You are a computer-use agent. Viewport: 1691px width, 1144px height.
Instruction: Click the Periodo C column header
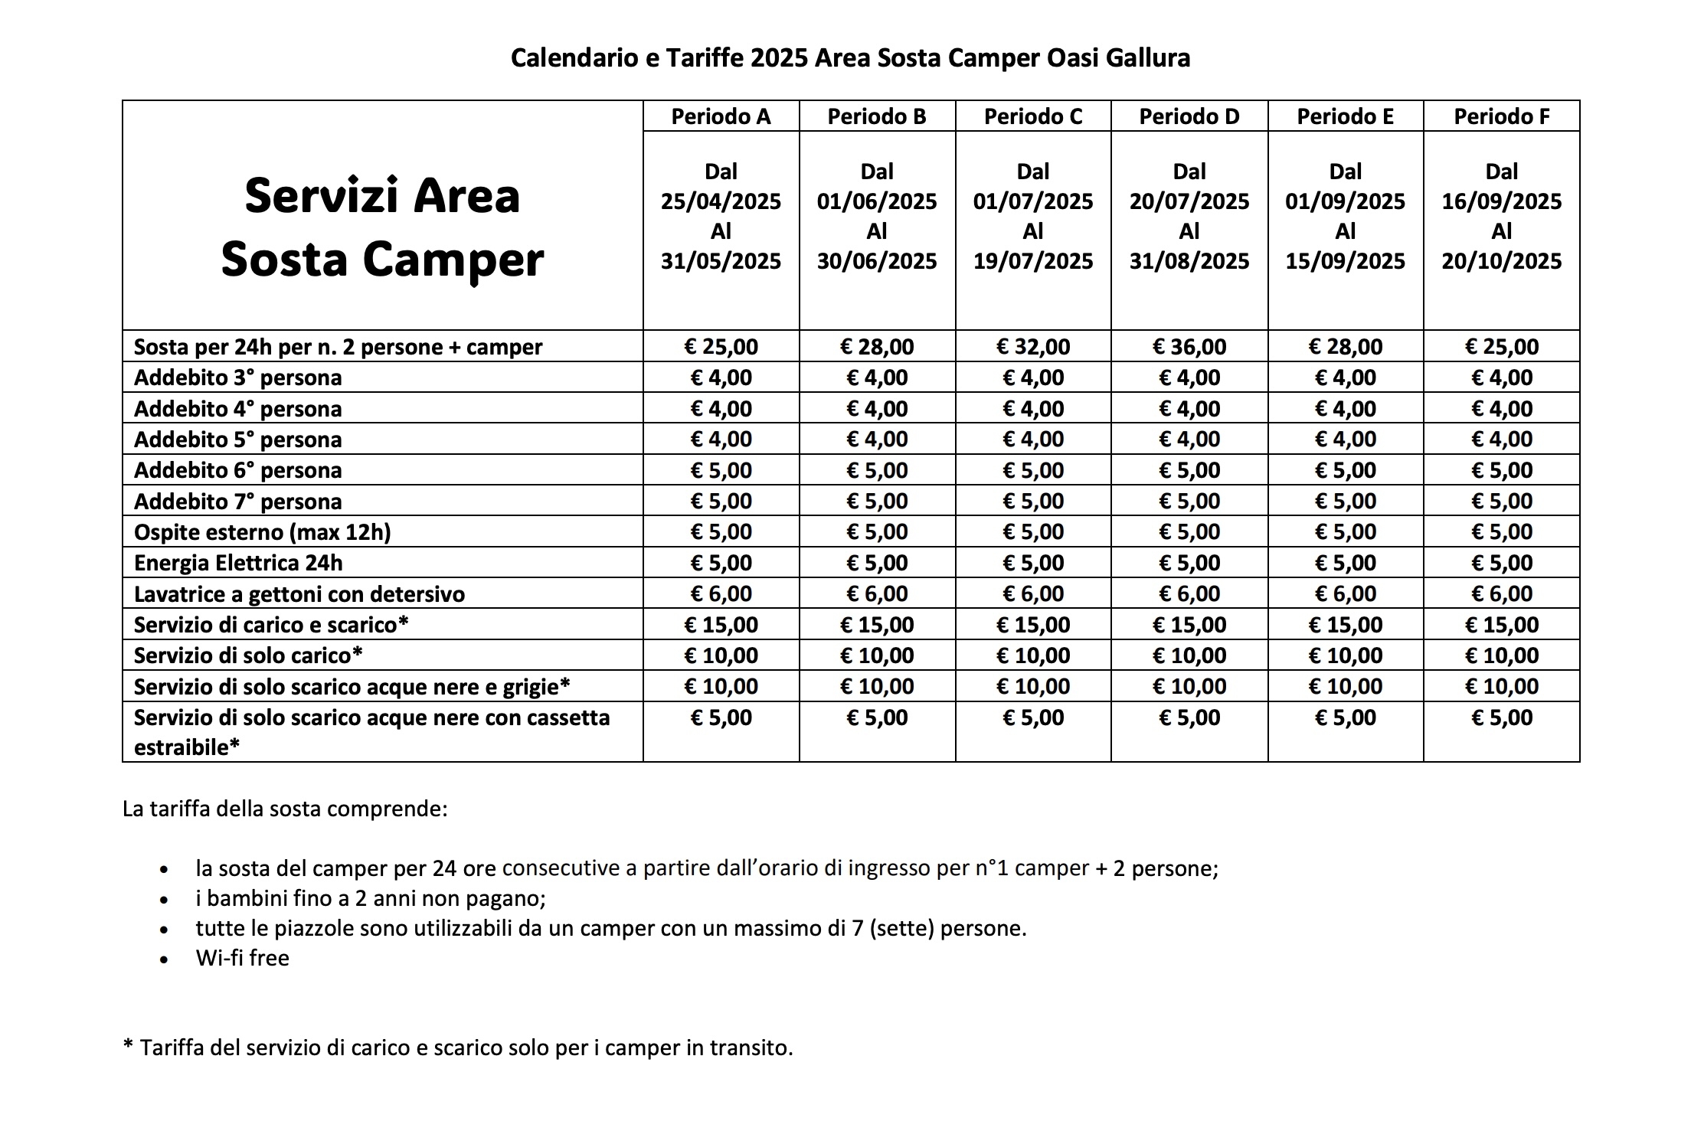1032,116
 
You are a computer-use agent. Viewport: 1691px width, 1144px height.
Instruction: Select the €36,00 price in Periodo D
1189,347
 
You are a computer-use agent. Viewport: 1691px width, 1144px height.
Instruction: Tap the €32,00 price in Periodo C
1032,347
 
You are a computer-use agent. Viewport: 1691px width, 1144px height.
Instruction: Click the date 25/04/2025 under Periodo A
721,201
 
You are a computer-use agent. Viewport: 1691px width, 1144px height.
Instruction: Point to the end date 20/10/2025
1501,261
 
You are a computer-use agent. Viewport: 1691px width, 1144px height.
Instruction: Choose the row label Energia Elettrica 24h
238,563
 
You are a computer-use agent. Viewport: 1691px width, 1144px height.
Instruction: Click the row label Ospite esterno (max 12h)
262,532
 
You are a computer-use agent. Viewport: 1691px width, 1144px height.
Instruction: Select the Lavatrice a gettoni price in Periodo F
1501,593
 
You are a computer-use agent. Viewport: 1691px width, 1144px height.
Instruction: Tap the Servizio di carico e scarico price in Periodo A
721,625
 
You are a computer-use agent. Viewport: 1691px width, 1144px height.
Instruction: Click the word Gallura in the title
1147,58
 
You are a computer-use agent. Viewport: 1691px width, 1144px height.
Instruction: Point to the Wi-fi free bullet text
242,958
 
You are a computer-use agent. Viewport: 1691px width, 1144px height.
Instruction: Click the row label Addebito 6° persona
237,470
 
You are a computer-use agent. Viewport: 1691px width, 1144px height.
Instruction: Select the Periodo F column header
1501,116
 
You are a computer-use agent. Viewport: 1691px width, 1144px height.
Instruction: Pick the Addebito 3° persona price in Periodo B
877,378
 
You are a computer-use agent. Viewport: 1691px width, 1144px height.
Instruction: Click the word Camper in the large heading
453,260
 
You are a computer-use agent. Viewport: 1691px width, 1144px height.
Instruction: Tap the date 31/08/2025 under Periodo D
1189,261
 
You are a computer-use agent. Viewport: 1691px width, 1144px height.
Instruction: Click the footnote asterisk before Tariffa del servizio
128,1045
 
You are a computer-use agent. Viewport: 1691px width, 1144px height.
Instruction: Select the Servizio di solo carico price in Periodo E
1345,655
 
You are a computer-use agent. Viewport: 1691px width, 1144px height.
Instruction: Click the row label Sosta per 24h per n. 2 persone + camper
338,347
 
